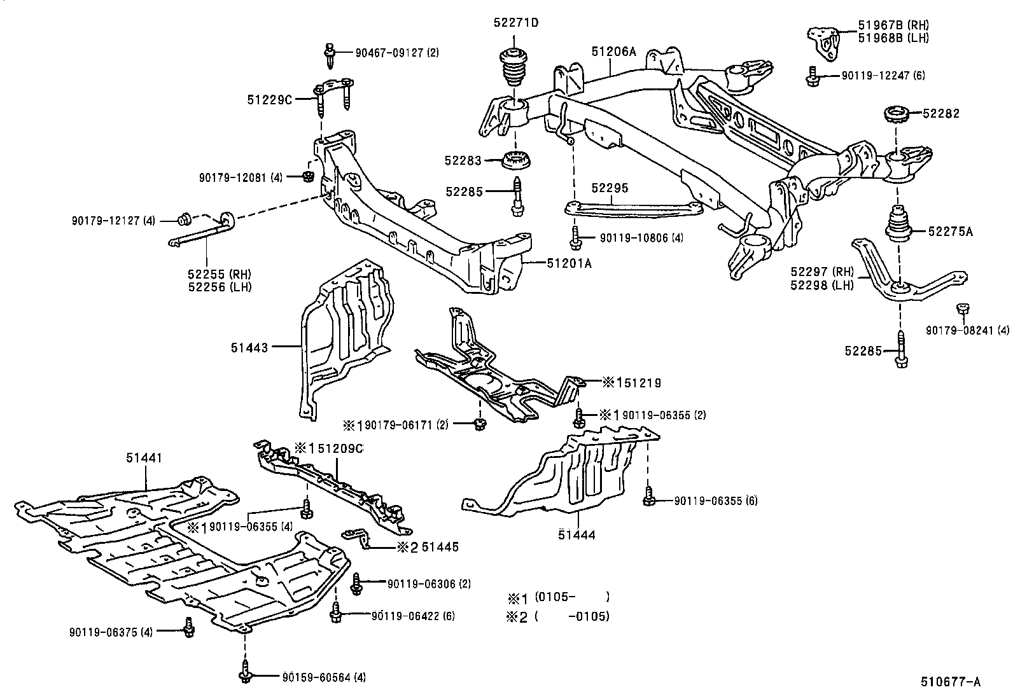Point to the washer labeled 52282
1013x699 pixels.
(x=897, y=118)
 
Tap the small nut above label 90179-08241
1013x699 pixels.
(x=963, y=310)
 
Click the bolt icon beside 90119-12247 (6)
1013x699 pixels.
(x=812, y=76)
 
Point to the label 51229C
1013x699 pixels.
(x=269, y=99)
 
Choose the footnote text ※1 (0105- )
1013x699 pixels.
(x=557, y=597)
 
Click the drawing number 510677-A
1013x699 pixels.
(x=949, y=682)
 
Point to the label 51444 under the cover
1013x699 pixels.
(x=576, y=535)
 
